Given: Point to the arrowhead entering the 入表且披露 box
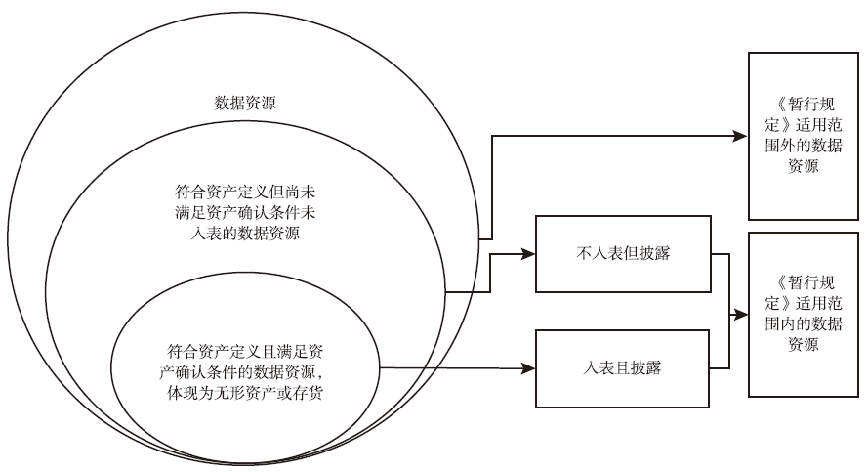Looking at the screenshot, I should [x=530, y=369].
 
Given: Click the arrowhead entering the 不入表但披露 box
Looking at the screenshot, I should [x=530, y=255].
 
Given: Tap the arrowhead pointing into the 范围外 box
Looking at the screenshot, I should [x=742, y=135].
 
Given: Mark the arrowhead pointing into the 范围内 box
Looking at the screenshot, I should [x=742, y=314].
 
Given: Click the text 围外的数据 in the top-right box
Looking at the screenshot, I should [x=803, y=146].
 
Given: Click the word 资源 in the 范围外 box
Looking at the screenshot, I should [x=803, y=167].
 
